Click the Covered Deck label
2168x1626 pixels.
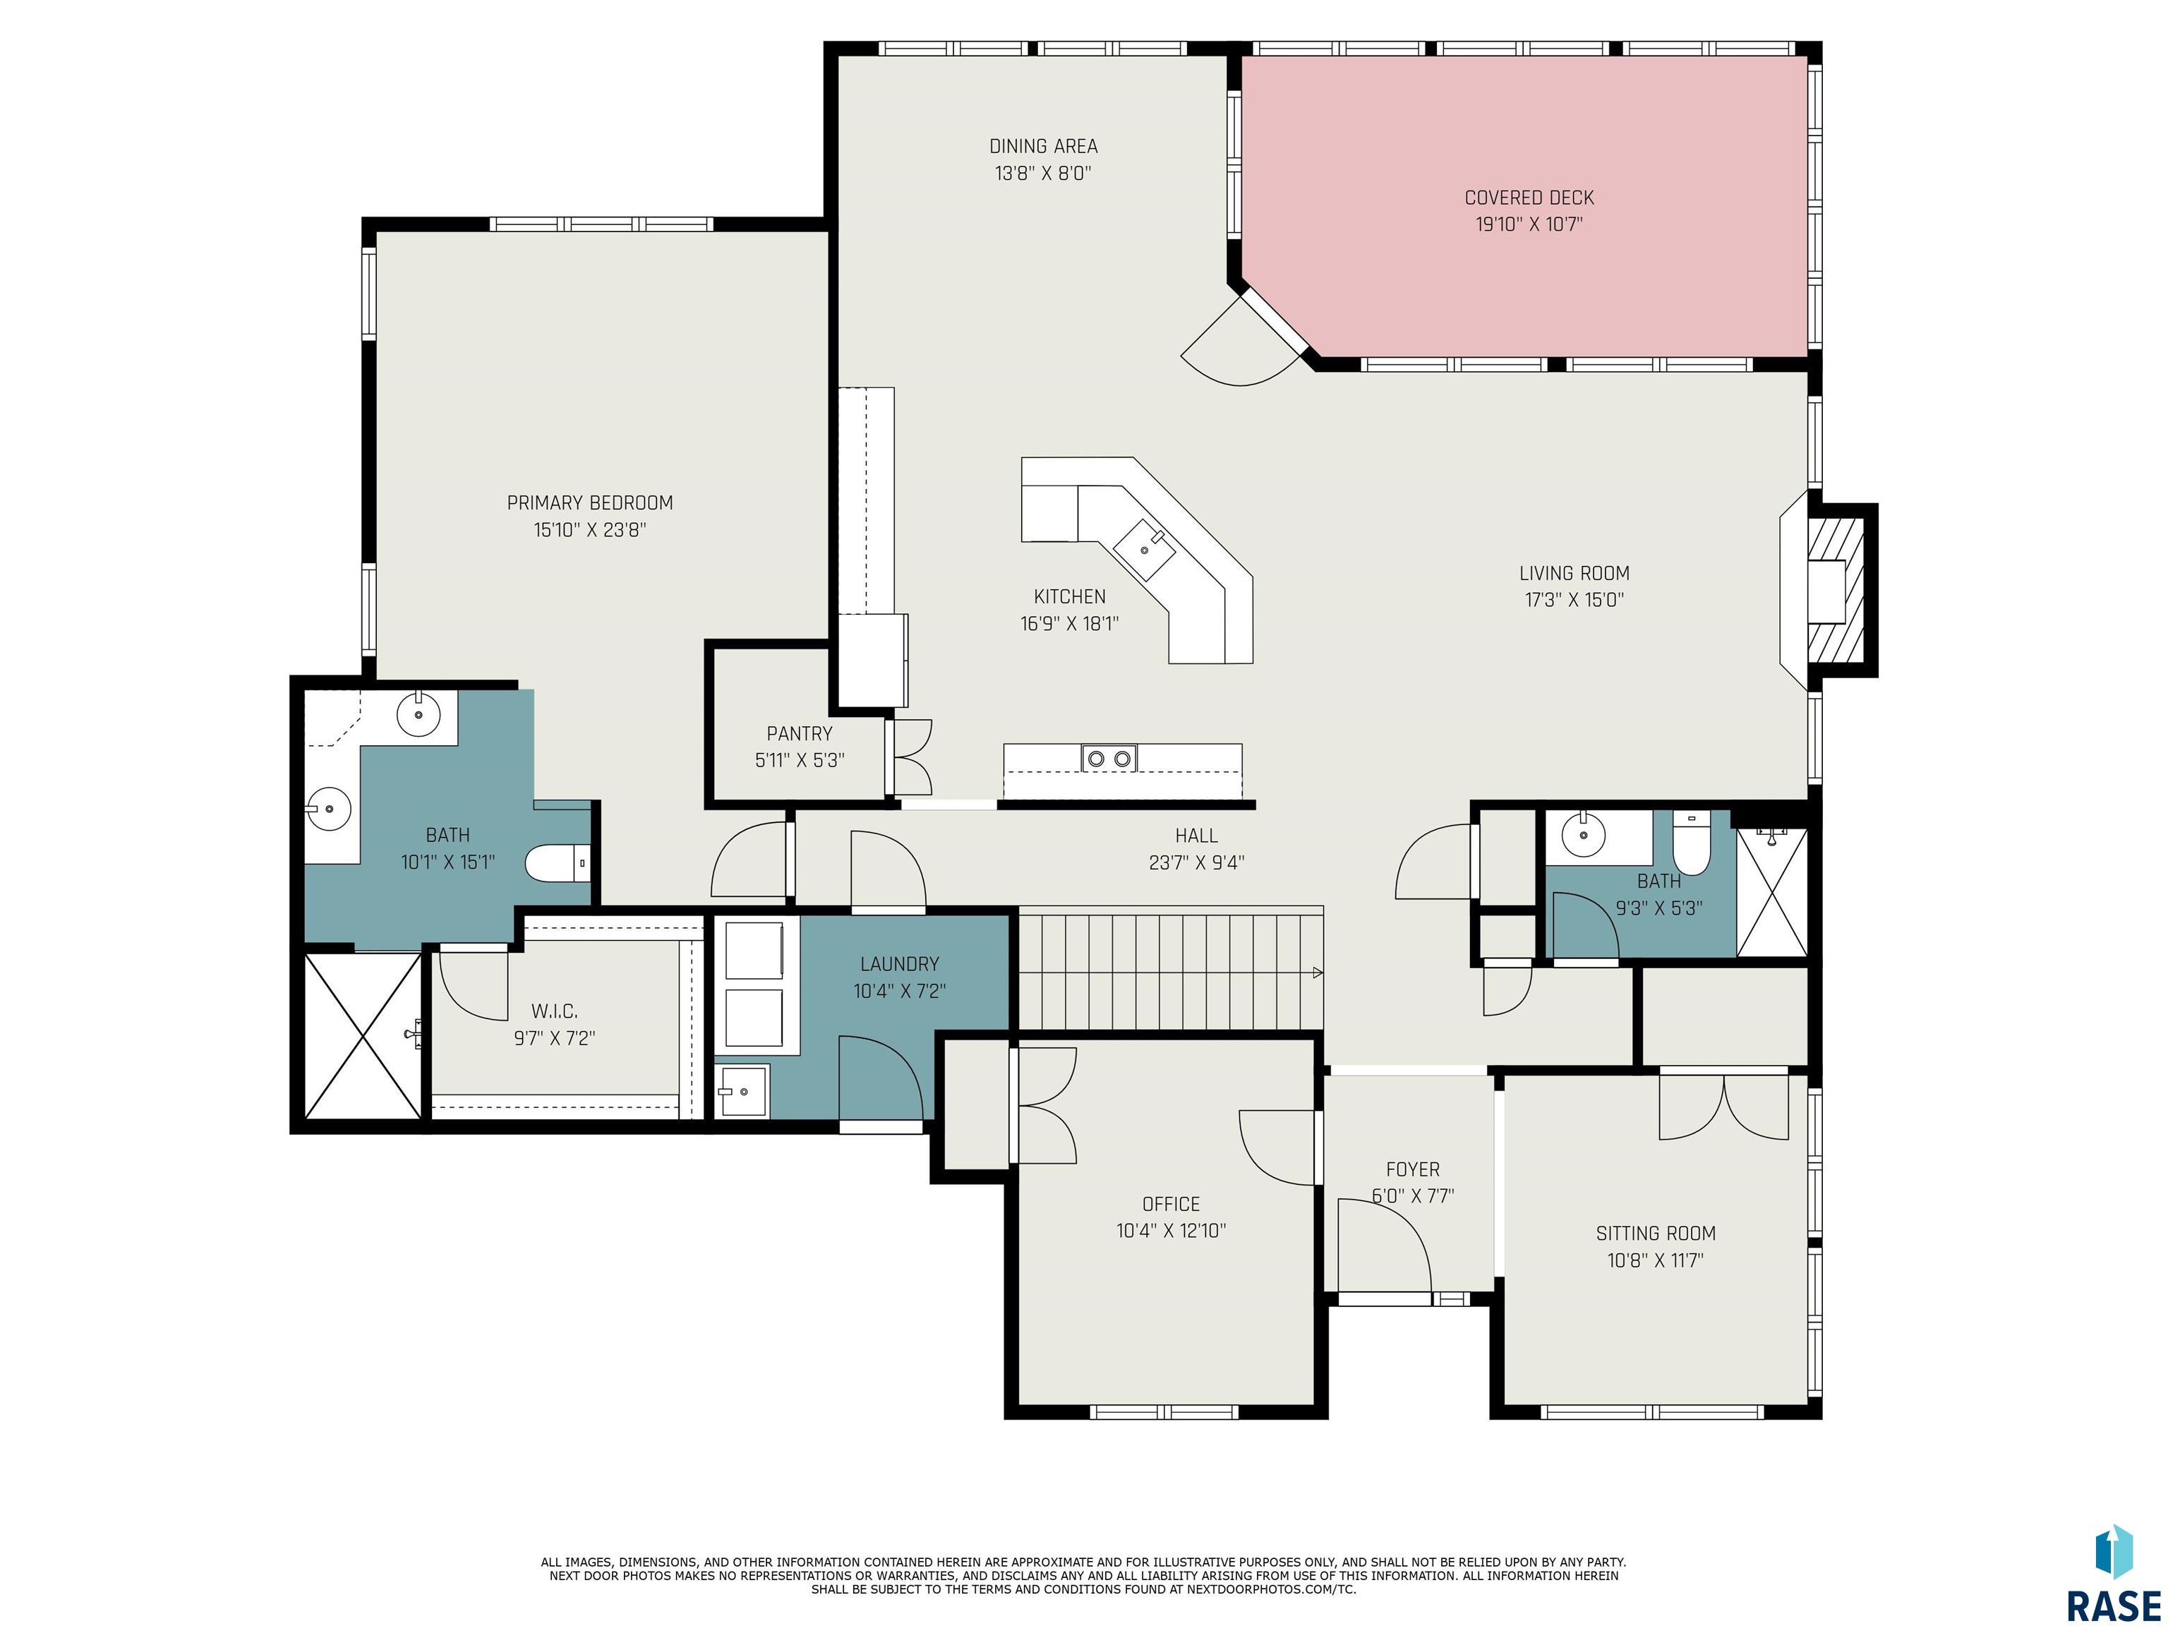(1529, 198)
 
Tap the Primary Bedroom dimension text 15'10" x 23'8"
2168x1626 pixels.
(590, 530)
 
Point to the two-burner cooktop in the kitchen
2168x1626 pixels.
(1109, 758)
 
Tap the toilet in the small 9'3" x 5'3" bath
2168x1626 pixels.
(1691, 842)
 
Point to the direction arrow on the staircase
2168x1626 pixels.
(1318, 973)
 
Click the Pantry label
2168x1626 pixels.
(800, 733)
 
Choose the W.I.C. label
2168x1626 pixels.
(555, 1011)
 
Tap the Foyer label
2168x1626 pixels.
(1412, 1169)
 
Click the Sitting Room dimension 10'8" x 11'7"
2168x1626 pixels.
(1656, 1260)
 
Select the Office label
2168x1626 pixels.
(1172, 1203)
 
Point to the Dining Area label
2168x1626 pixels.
(1043, 146)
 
